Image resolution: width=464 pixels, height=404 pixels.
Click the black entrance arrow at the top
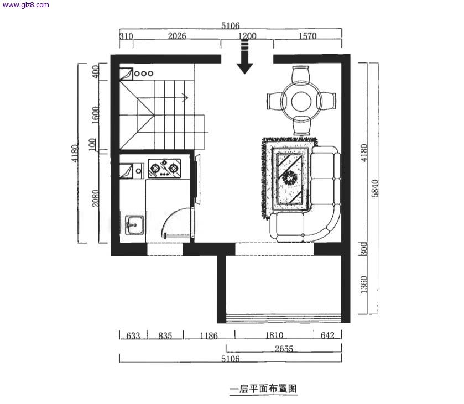pyautogui.click(x=244, y=57)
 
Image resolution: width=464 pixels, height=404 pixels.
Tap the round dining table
pyautogui.click(x=301, y=101)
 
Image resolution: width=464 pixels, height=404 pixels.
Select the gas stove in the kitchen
pyautogui.click(x=164, y=168)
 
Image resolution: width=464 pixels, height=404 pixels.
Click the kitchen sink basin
pyautogui.click(x=134, y=225)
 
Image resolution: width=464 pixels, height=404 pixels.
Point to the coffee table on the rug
pyautogui.click(x=289, y=179)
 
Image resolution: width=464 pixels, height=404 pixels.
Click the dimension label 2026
pyautogui.click(x=177, y=36)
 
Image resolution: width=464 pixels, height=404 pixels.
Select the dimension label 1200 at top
pyautogui.click(x=247, y=36)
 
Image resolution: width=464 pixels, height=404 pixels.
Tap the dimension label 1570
pyautogui.click(x=307, y=36)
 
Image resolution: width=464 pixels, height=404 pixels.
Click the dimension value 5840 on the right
pyautogui.click(x=375, y=188)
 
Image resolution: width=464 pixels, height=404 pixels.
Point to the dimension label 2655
pyautogui.click(x=284, y=349)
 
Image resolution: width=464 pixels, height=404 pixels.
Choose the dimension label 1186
pyautogui.click(x=208, y=335)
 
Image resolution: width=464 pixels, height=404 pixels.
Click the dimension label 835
pyautogui.click(x=165, y=335)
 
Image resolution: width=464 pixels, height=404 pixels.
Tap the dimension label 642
pyautogui.click(x=327, y=335)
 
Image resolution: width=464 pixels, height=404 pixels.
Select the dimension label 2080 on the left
pyautogui.click(x=95, y=198)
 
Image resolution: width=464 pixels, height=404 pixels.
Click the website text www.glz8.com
pyautogui.click(x=25, y=5)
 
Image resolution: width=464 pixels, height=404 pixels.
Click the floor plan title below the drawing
pyautogui.click(x=263, y=389)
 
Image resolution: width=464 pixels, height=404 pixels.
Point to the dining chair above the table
pyautogui.click(x=301, y=75)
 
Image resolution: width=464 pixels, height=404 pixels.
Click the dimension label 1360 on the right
pyautogui.click(x=364, y=285)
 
